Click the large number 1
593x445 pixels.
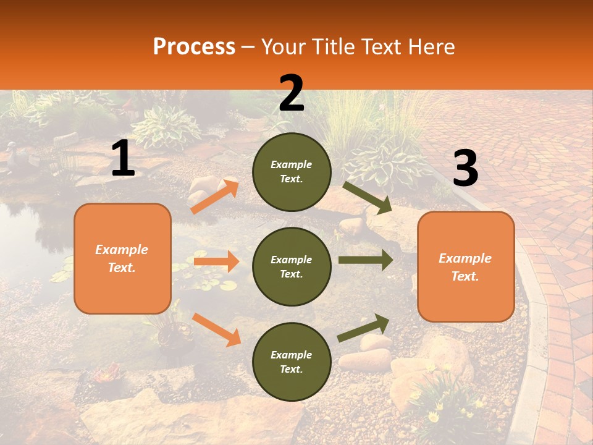[x=123, y=159]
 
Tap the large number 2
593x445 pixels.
[x=292, y=93]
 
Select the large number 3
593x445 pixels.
[x=465, y=169]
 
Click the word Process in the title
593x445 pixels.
[x=194, y=46]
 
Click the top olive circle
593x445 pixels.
[x=292, y=172]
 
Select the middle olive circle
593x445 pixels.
[x=292, y=266]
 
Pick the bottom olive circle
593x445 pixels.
[x=292, y=362]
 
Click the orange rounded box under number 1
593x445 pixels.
[x=122, y=258]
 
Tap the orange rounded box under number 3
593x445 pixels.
[x=466, y=266]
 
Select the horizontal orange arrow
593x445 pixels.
[x=216, y=261]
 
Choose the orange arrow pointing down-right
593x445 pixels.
[x=216, y=329]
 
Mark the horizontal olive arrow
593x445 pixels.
[x=365, y=260]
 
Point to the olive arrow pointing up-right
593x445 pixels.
[x=364, y=328]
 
